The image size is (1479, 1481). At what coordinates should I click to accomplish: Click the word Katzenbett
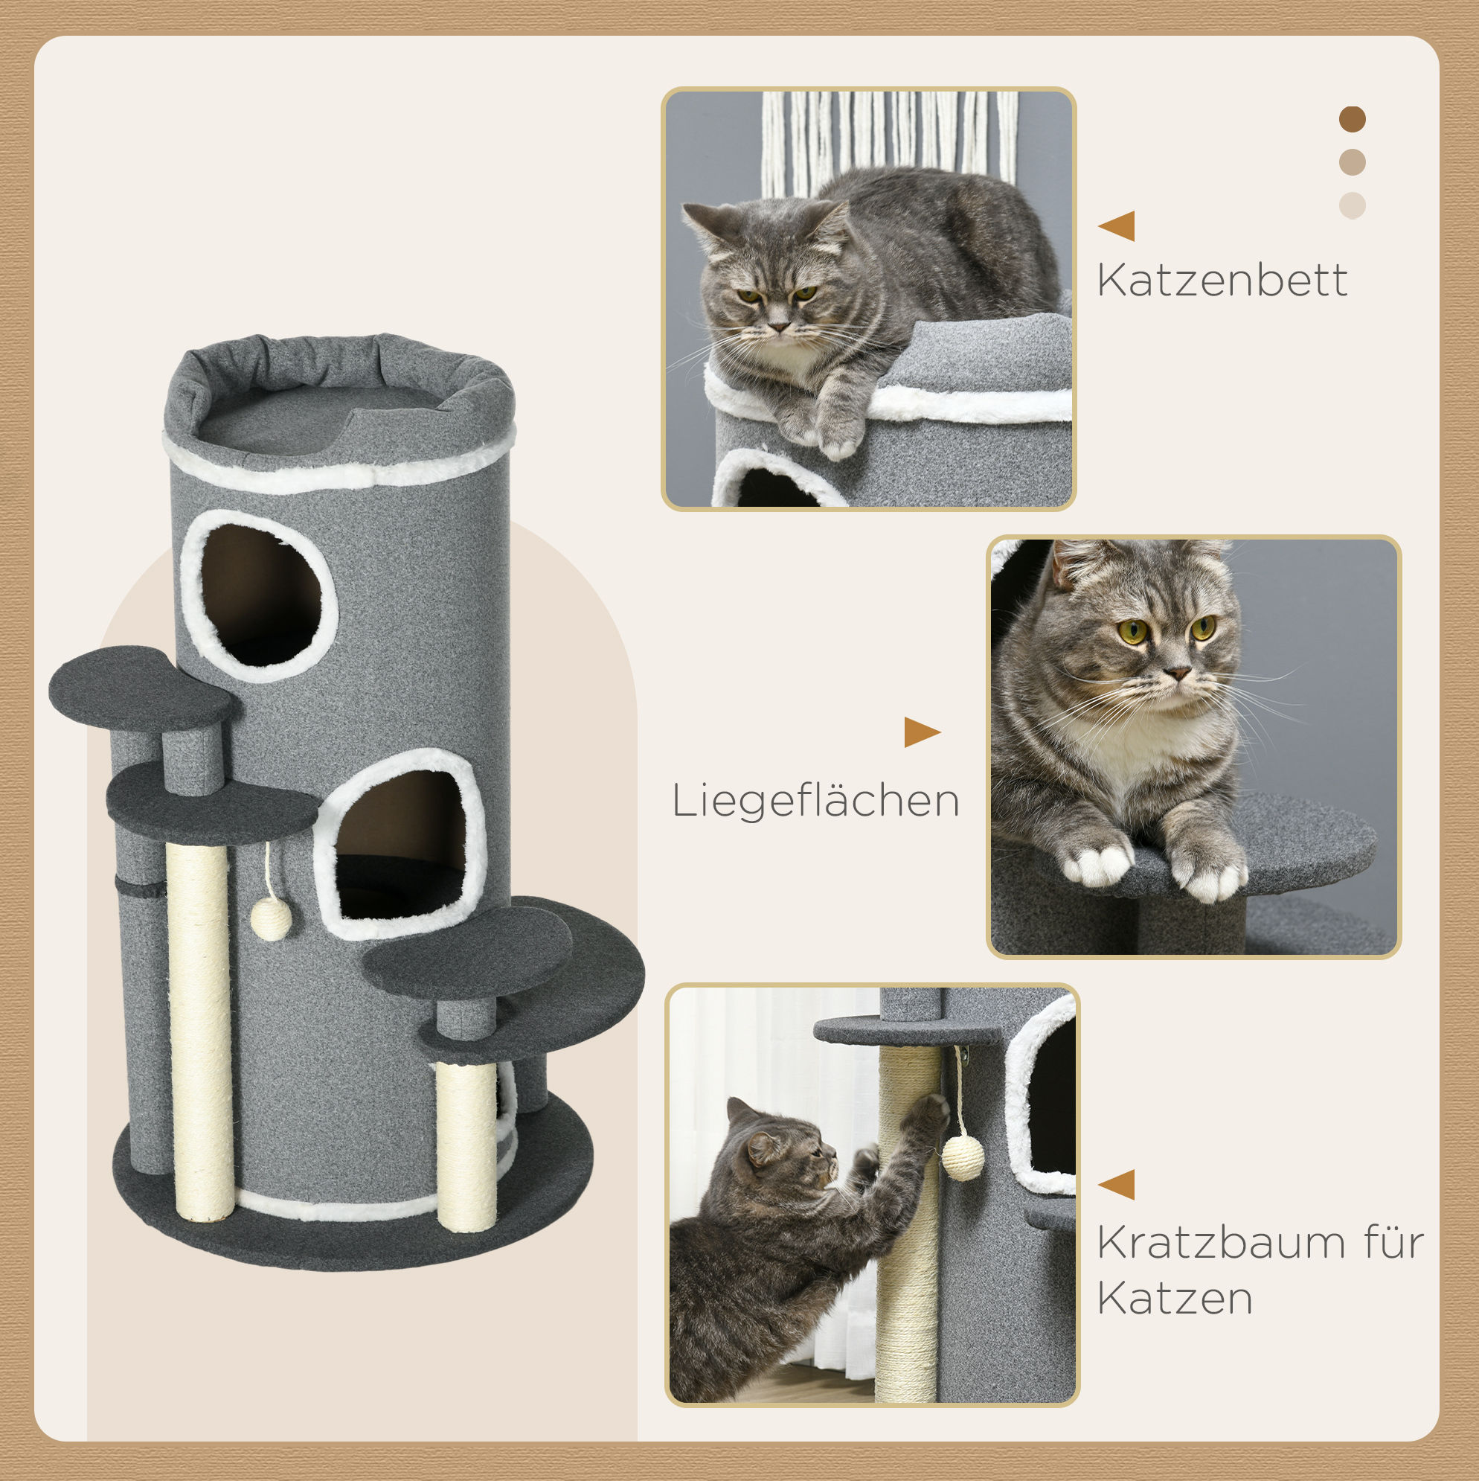pos(1222,281)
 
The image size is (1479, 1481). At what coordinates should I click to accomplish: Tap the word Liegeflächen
pos(815,802)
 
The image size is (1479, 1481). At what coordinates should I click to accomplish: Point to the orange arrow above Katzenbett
pos(1117,226)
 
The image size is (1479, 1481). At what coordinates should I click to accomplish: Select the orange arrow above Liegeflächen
pos(923,732)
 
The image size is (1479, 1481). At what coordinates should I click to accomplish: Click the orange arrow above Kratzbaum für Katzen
pos(1117,1184)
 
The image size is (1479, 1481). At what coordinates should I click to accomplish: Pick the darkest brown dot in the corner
pos(1353,120)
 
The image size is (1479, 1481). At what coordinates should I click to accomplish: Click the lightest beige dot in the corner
pos(1353,205)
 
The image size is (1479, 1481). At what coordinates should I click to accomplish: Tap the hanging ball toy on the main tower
pos(271,919)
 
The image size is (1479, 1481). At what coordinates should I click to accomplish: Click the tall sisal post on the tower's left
pos(200,1030)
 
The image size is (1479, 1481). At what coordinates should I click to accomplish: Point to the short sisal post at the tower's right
pos(466,1146)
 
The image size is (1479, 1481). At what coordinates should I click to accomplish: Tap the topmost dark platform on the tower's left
pos(141,688)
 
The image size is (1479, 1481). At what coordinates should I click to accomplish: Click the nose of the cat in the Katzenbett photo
pos(780,327)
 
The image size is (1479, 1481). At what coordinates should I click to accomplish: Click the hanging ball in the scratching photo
pos(963,1158)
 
